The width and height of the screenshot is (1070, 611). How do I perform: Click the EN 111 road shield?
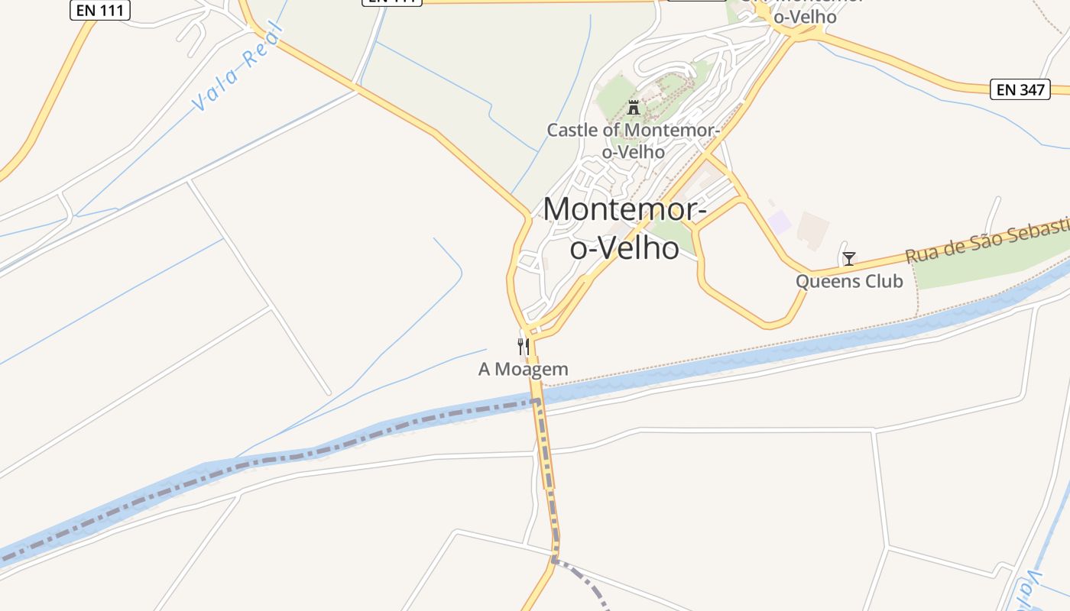click(100, 10)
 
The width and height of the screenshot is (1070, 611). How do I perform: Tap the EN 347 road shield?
click(1020, 89)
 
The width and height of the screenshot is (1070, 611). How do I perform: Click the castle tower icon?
click(634, 107)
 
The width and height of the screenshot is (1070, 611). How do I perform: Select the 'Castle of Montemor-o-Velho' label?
click(634, 141)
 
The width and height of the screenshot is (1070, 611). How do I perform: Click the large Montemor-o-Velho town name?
click(624, 228)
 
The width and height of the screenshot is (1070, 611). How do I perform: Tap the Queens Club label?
click(849, 281)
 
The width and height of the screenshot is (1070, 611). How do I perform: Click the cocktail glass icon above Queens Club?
click(848, 259)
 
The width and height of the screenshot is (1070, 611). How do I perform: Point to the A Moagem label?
click(524, 370)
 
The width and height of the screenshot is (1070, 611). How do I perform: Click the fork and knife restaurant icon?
click(524, 346)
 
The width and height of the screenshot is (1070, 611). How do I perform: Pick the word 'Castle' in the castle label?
click(572, 130)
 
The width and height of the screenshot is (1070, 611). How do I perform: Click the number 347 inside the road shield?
click(1031, 89)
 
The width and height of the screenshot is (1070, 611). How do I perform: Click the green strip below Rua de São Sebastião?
click(986, 267)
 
